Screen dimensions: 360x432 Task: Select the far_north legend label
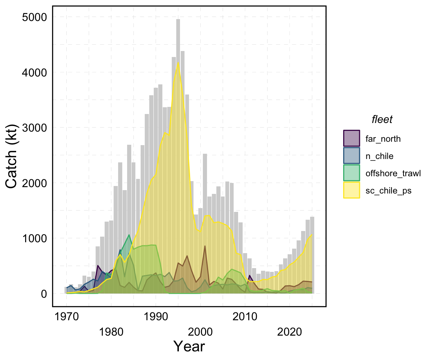click(383, 139)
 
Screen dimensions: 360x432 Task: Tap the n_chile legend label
click(379, 156)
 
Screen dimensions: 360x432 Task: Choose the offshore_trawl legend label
click(388, 174)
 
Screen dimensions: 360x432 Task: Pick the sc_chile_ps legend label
click(386, 191)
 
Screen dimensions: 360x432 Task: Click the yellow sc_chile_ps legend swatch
click(352, 190)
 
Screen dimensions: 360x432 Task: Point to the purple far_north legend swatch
click(352, 138)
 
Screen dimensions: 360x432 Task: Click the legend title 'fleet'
click(382, 120)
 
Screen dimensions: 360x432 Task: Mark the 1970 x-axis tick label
click(67, 317)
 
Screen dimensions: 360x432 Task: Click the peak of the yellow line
click(178, 62)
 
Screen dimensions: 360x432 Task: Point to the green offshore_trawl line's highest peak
click(129, 235)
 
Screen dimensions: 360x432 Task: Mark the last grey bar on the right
click(312, 255)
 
